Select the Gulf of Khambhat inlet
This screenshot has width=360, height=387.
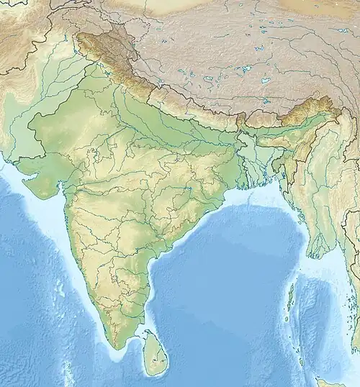60,188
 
